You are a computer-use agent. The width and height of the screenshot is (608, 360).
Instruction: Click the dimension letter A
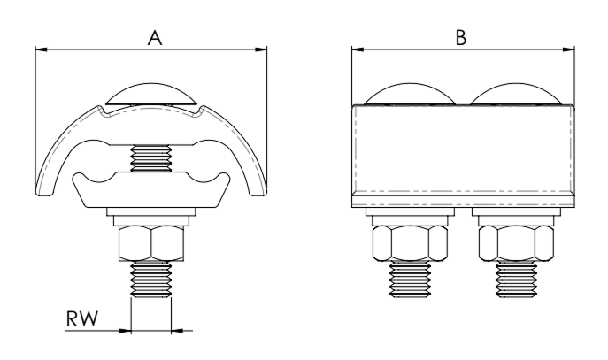click(x=155, y=38)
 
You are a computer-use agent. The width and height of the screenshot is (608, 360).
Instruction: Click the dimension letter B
click(x=461, y=38)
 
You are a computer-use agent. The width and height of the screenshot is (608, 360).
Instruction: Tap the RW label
click(x=82, y=318)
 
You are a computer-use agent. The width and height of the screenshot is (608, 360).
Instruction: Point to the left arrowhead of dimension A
click(x=41, y=50)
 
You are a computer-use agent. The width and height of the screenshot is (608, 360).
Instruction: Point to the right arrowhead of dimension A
click(x=261, y=50)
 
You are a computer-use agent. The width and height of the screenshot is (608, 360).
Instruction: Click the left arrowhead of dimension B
click(x=358, y=50)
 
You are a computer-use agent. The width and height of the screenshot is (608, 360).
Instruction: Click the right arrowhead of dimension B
click(x=568, y=50)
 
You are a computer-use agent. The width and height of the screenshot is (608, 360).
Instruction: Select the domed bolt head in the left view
click(x=151, y=94)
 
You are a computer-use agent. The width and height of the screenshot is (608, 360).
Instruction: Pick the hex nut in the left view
click(x=151, y=243)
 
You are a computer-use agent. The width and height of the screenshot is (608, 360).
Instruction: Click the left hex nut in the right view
click(x=410, y=242)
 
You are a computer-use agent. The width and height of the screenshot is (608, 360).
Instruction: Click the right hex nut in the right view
click(x=516, y=242)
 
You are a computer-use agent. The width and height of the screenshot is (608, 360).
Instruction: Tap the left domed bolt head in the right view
click(x=410, y=94)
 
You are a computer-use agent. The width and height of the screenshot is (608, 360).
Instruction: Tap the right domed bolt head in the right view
click(x=516, y=94)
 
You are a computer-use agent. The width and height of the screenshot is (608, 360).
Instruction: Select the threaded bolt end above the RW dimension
click(x=151, y=279)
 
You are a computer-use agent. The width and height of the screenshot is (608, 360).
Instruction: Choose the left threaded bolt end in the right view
click(x=410, y=279)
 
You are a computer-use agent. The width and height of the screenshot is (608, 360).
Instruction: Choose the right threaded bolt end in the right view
click(x=516, y=279)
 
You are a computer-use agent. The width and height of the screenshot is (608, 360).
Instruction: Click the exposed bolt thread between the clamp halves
click(x=151, y=158)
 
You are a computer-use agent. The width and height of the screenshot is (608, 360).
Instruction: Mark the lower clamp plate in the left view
click(x=151, y=189)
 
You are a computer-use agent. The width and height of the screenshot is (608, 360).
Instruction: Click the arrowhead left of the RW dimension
click(x=126, y=331)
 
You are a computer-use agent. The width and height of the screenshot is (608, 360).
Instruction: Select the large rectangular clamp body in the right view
click(x=464, y=156)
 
